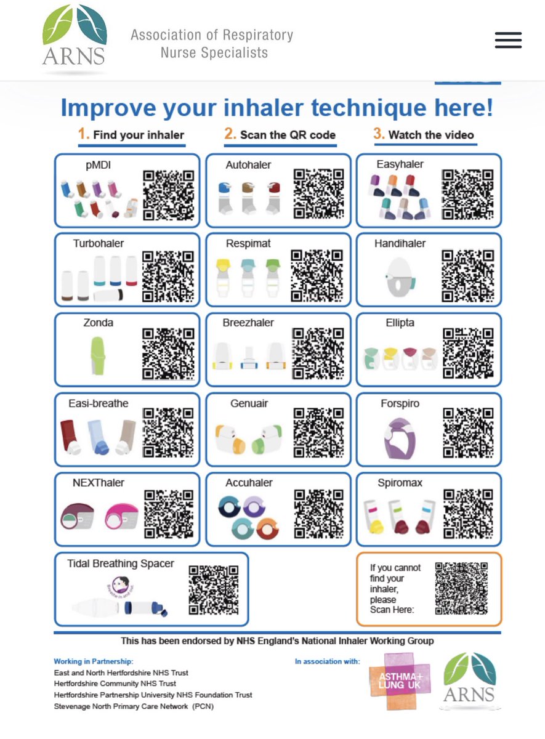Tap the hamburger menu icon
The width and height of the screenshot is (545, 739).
[508, 40]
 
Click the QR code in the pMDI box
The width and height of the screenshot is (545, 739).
[169, 195]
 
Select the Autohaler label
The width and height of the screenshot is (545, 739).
[248, 164]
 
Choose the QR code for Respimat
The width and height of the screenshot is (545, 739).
[317, 275]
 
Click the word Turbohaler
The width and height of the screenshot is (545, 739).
[99, 243]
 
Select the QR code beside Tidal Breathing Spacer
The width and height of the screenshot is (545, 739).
[213, 590]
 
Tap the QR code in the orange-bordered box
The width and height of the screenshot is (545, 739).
[461, 588]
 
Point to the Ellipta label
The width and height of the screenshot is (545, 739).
[400, 323]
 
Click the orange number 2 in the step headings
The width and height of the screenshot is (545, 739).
[230, 134]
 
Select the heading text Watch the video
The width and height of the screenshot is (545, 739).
[431, 135]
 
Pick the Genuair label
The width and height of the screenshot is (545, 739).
[249, 403]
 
